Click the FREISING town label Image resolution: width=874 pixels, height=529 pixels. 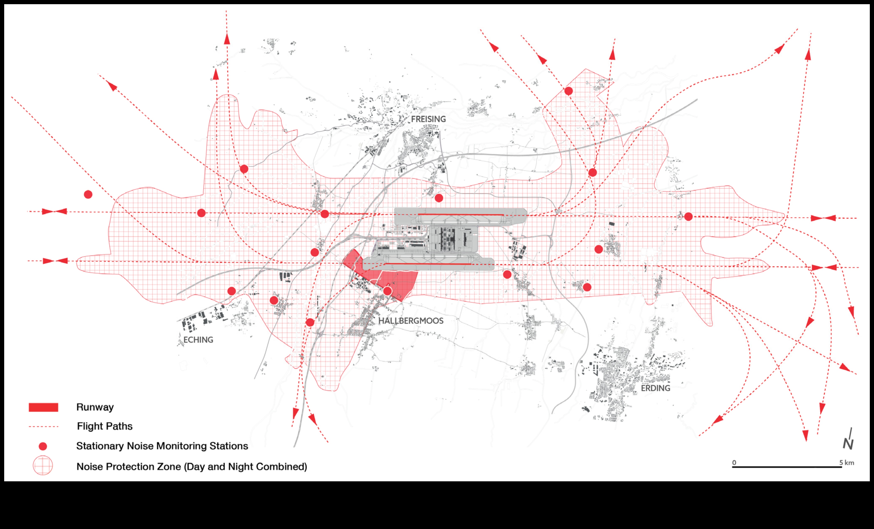point(428,119)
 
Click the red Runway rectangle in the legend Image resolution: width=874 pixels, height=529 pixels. point(43,407)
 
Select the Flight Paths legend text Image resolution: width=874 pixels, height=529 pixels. point(105,426)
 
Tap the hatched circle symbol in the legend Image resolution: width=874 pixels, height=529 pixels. point(43,465)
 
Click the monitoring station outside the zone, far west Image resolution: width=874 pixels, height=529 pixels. point(88,194)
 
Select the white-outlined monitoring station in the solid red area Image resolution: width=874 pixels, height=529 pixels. point(387,291)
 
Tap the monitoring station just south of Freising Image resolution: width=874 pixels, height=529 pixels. point(439,198)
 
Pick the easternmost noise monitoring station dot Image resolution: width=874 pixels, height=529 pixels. point(688,216)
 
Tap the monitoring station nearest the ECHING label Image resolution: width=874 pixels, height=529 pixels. point(231,291)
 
